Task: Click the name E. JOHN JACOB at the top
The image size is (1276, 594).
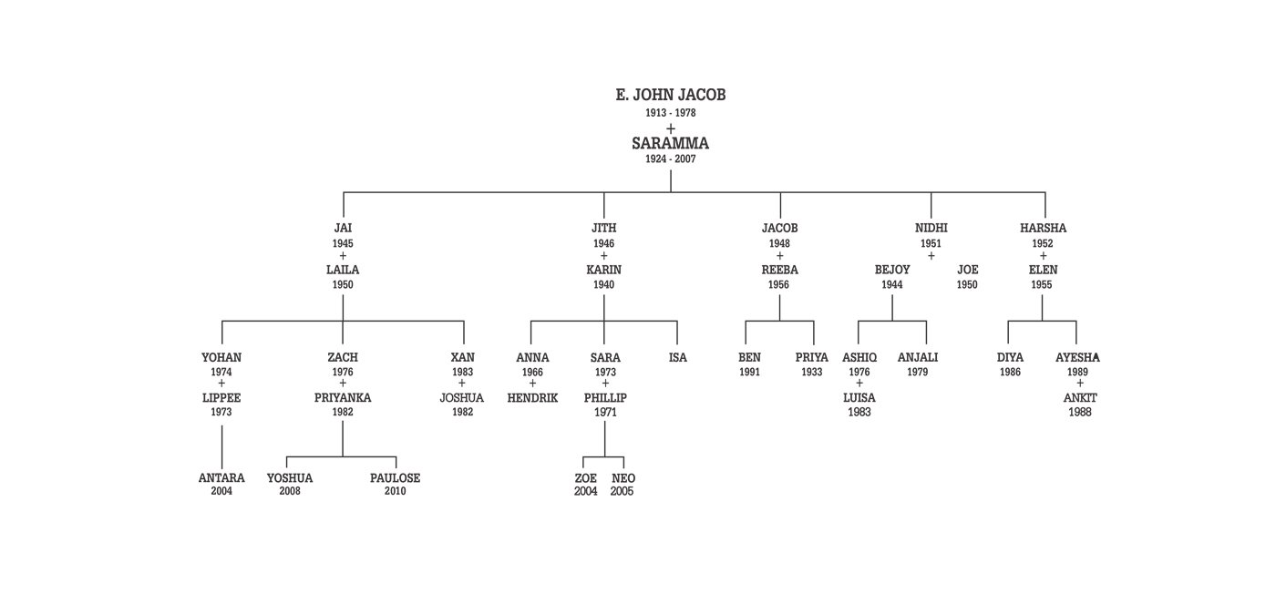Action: click(x=671, y=95)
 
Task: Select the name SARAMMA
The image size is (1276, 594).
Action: click(x=671, y=143)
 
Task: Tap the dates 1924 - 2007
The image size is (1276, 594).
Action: click(x=671, y=159)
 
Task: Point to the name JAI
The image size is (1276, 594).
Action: click(x=343, y=229)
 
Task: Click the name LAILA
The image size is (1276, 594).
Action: click(x=343, y=270)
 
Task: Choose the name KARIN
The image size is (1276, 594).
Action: click(x=603, y=270)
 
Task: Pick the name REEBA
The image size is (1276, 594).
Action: click(x=779, y=270)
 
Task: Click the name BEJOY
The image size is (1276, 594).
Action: click(x=892, y=270)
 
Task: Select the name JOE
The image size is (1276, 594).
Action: click(x=967, y=270)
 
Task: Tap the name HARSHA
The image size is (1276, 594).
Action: click(x=1043, y=229)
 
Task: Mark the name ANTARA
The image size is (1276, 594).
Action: click(x=221, y=478)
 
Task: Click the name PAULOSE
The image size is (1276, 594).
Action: click(x=395, y=478)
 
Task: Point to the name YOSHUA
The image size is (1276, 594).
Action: click(x=290, y=478)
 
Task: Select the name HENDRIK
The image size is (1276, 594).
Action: click(x=532, y=398)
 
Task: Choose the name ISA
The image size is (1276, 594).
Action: click(x=677, y=358)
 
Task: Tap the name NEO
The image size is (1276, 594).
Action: click(x=623, y=478)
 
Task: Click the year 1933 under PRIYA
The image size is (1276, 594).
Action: click(x=811, y=373)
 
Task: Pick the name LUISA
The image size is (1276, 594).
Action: click(x=859, y=398)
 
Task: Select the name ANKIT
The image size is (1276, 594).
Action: click(x=1080, y=398)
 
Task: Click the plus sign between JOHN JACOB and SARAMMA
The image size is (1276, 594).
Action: click(x=671, y=128)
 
